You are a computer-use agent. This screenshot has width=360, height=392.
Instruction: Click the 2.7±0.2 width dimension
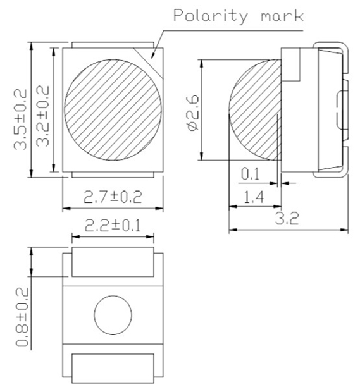[113, 197]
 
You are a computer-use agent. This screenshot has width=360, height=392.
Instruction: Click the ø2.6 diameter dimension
[193, 110]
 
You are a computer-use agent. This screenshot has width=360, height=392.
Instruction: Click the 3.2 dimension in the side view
[288, 219]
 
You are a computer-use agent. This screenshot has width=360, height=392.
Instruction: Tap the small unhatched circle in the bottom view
[113, 314]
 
